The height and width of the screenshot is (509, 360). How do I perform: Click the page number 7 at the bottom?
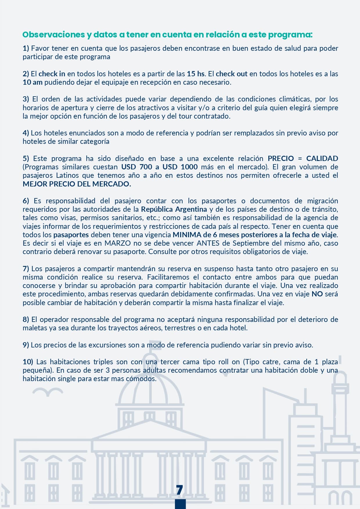pos(180,490)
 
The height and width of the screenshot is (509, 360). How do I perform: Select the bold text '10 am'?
pos(32,82)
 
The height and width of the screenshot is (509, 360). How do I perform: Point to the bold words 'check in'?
pos(52,74)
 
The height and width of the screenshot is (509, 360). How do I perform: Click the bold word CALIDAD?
pos(322,158)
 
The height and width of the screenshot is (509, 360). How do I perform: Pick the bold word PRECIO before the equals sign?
pos(281,158)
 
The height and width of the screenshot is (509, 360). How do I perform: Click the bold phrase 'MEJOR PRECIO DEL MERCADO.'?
pos(77,184)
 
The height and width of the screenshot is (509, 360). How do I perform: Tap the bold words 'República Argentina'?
pos(174,209)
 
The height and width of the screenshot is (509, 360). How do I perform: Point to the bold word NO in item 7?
pos(317,294)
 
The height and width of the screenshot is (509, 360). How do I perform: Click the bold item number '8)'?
pos(26,319)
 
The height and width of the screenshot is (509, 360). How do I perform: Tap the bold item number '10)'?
pos(28,362)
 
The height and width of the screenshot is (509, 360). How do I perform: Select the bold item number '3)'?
pos(26,99)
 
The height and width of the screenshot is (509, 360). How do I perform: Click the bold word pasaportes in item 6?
pos(71,235)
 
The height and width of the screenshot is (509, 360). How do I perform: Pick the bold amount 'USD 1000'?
pos(180,167)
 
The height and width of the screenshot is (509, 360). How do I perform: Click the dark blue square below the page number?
pos(180,504)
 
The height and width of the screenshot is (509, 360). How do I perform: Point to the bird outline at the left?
pos(48,392)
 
